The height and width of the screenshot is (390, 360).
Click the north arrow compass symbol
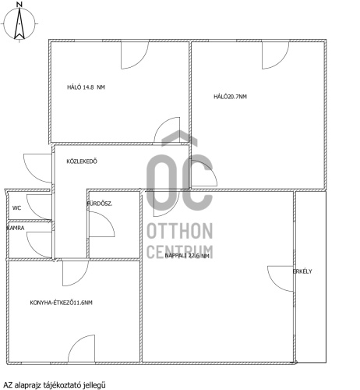pyautogui.click(x=19, y=23)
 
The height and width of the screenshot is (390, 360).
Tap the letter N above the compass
pyautogui.click(x=19, y=4)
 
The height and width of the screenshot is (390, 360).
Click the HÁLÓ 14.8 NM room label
pyautogui.click(x=86, y=87)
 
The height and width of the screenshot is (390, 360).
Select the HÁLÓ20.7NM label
pyautogui.click(x=230, y=97)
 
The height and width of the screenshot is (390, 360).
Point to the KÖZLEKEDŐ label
pyautogui.click(x=82, y=161)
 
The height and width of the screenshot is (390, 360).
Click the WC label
pyautogui.click(x=16, y=208)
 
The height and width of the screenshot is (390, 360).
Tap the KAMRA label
pyautogui.click(x=16, y=228)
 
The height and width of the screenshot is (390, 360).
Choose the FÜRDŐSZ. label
pyautogui.click(x=100, y=204)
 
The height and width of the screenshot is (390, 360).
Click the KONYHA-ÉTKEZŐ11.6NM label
pyautogui.click(x=61, y=303)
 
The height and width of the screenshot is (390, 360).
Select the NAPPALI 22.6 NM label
pyautogui.click(x=187, y=256)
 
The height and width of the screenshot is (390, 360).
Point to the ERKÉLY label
pyautogui.click(x=302, y=271)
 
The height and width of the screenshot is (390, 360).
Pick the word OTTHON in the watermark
pyautogui.click(x=180, y=231)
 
